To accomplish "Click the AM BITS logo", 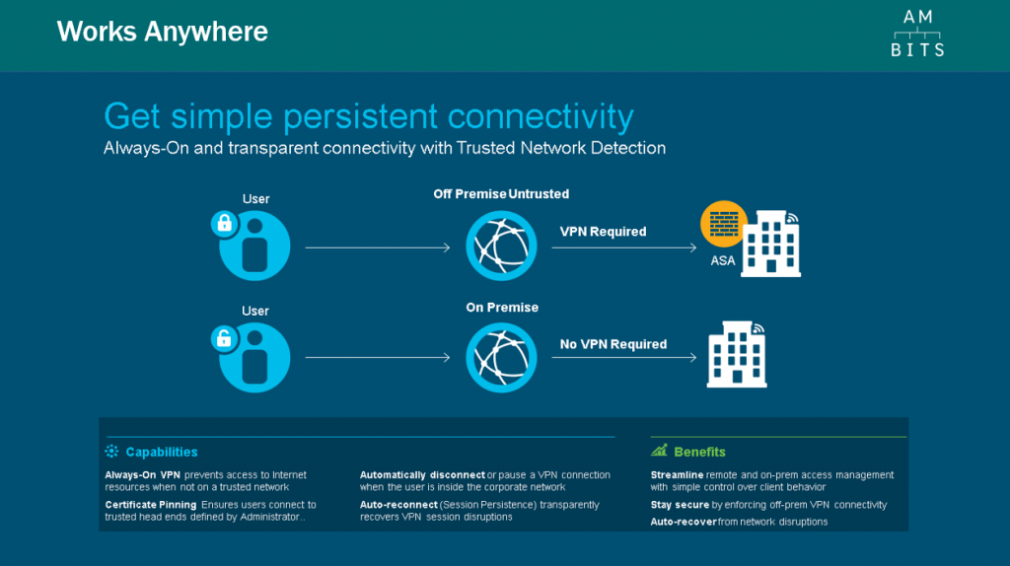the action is point(917,34).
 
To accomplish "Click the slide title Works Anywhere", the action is point(163,32).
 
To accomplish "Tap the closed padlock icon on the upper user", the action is point(224,224).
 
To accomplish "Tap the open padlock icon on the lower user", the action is point(224,338).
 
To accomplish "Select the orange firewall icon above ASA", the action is point(724,224).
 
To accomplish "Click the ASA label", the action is point(722,260).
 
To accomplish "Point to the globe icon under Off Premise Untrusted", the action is point(501,246).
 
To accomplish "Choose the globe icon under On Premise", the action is point(501,358).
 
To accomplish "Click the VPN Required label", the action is point(603,232).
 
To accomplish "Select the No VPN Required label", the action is point(613,344).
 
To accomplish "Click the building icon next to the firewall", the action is point(771,244).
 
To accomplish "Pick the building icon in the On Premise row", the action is point(737,355).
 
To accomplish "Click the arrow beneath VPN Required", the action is point(624,248).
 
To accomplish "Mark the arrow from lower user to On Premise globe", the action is point(378,357).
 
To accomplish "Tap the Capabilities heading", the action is point(162,452).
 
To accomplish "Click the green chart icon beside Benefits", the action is point(659,451).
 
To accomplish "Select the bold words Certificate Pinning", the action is point(151,505).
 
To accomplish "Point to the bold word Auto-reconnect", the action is point(398,505).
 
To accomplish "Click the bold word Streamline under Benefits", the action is point(677,475).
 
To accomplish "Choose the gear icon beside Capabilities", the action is point(112,452).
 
